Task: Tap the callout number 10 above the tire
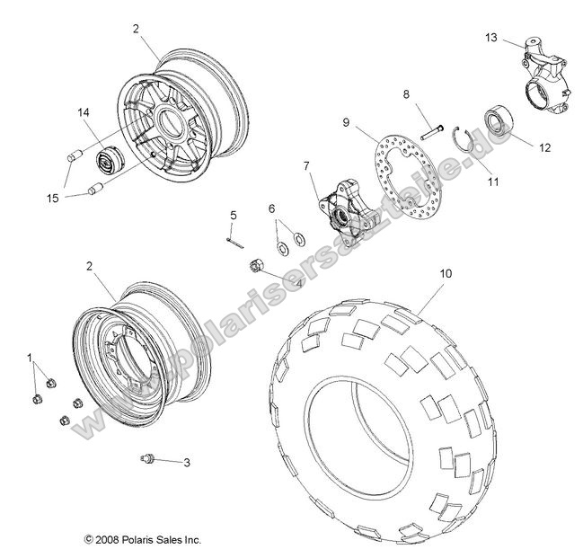click(x=443, y=272)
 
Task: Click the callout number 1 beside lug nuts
click(x=31, y=358)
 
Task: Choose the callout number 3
click(x=187, y=464)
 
